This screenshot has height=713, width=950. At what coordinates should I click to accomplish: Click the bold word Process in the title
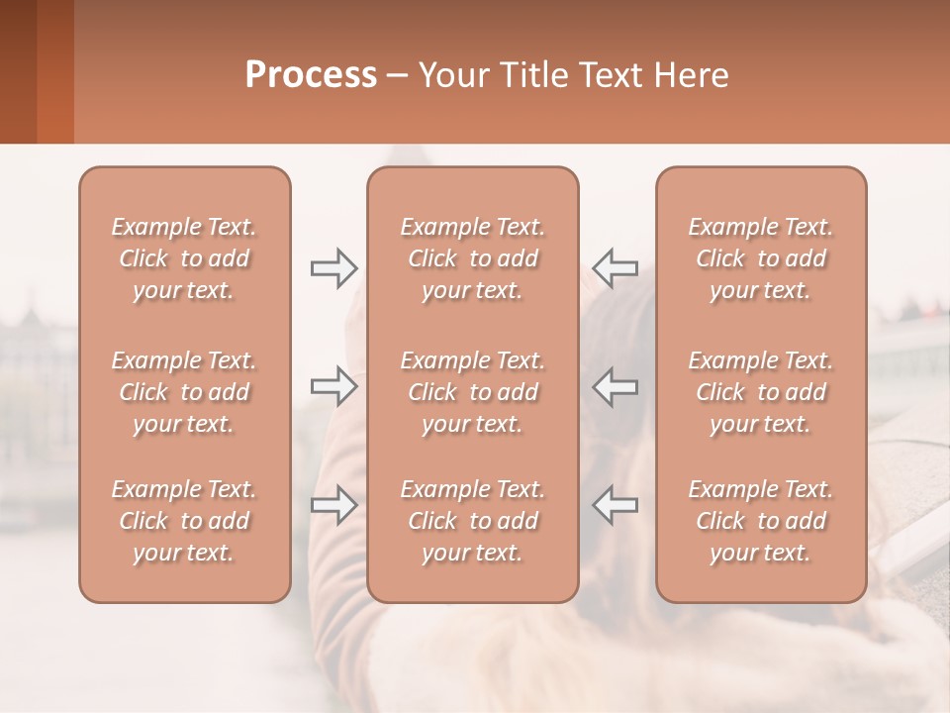(x=311, y=75)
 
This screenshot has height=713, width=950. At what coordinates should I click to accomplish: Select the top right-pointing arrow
(x=333, y=267)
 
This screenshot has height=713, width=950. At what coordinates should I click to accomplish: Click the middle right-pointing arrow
(x=333, y=386)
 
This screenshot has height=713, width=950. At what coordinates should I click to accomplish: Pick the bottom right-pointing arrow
(x=333, y=505)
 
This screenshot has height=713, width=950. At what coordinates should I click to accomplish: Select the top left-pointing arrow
(x=615, y=267)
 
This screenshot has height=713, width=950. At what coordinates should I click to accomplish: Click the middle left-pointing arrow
(x=615, y=386)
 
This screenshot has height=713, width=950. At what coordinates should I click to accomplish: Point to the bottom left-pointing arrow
(x=615, y=505)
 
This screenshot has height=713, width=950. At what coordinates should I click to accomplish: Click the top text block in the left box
(x=184, y=258)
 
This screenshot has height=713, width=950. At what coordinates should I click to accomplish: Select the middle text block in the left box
(x=184, y=392)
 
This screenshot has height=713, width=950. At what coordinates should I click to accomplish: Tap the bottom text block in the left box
(x=184, y=521)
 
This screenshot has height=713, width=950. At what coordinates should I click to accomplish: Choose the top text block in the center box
(x=472, y=258)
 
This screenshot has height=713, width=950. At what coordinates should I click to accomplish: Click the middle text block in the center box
(x=472, y=392)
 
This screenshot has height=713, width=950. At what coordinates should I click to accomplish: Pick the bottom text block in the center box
(x=472, y=521)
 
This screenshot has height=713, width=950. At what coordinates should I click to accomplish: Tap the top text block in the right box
(x=760, y=258)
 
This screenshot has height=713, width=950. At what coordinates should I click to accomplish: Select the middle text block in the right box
(x=760, y=392)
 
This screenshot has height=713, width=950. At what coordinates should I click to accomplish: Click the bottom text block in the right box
(x=760, y=521)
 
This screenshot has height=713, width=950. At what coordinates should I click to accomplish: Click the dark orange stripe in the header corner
(x=54, y=71)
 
